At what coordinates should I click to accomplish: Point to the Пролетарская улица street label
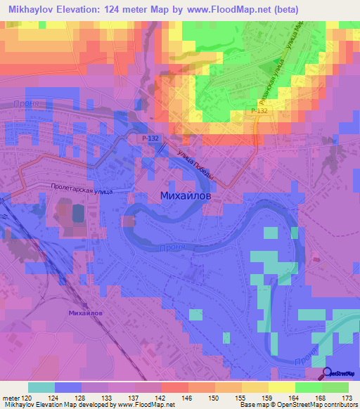click(x=82, y=189)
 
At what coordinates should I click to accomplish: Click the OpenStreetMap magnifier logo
click(x=328, y=373)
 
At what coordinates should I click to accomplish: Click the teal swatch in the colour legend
click(x=41, y=387)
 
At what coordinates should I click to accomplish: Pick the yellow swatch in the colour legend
click(x=282, y=387)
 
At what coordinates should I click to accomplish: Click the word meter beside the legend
click(x=11, y=398)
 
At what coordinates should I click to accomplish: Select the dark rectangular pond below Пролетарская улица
click(x=76, y=211)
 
